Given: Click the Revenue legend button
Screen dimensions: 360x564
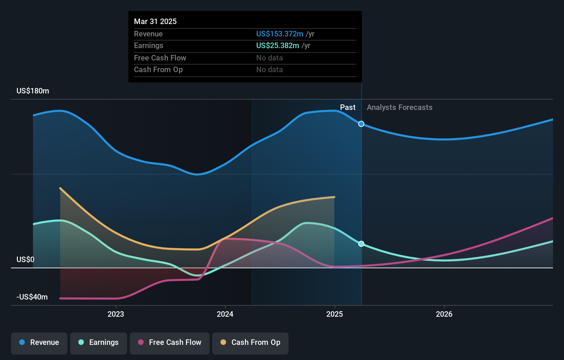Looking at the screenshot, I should point(39,342).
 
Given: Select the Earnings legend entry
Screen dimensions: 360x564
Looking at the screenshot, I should point(99,342).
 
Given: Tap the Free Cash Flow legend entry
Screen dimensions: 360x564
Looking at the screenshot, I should point(170,342).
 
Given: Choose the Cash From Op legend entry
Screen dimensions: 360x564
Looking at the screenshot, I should point(250,342).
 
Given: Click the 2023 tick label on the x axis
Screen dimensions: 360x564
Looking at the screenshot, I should point(116,314).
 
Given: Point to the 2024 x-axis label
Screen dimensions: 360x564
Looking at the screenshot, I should point(225,314).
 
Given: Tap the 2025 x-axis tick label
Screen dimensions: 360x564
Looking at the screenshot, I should point(335,314).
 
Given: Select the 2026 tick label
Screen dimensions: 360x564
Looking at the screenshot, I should point(444,314).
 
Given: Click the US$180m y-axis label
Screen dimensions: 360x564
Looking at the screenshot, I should point(33,91).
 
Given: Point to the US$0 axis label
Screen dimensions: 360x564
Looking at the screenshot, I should point(25,259).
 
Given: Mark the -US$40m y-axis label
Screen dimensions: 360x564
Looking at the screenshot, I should point(32,297).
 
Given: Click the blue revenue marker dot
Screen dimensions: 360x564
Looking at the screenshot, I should point(361,124).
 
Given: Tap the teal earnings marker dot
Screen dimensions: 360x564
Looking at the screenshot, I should point(361,244).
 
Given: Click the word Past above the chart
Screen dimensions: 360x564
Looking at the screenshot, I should point(348,107).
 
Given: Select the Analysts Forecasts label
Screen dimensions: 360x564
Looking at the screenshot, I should point(399,107).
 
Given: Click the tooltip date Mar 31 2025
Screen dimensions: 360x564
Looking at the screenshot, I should point(155,21).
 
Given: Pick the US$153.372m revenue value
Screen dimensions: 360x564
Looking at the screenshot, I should point(280,34).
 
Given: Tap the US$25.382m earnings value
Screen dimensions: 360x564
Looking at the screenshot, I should point(278,45).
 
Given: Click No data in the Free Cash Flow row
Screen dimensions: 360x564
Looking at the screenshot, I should point(270,58).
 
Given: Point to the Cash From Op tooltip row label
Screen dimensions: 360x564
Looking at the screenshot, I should point(158,69).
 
